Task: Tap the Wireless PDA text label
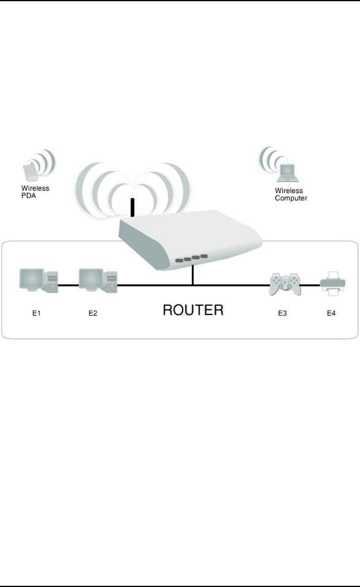pyautogui.click(x=35, y=192)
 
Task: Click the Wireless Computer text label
pyautogui.click(x=291, y=195)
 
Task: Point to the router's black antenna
pyautogui.click(x=133, y=208)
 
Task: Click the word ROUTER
pyautogui.click(x=193, y=310)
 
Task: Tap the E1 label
pyautogui.click(x=36, y=314)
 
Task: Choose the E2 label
pyautogui.click(x=93, y=314)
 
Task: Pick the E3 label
pyautogui.click(x=282, y=314)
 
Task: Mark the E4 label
pyautogui.click(x=331, y=314)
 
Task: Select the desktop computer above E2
pyautogui.click(x=98, y=281)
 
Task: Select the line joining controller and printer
pyautogui.click(x=310, y=285)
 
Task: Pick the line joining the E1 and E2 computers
pyautogui.click(x=68, y=285)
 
